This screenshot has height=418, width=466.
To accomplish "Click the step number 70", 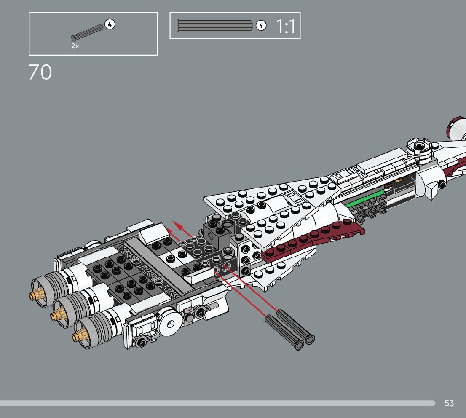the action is tap(40, 72).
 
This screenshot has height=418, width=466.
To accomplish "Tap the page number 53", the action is tap(449, 403).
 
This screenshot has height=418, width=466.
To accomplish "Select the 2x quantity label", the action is tap(75, 46).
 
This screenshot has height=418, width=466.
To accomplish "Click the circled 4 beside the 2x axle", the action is tap(110, 24).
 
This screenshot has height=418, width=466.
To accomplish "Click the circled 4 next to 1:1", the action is tap(261, 26).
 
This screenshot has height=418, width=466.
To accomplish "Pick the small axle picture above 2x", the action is tap(88, 33).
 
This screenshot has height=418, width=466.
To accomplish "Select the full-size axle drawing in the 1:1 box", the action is tap(215, 25).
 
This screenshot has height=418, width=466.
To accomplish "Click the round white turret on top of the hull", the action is tap(419, 147).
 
